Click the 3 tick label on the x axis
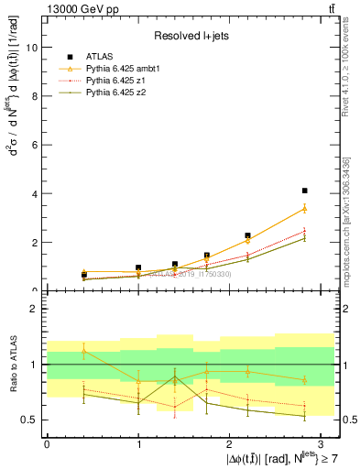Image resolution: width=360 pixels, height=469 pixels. tap(322, 443)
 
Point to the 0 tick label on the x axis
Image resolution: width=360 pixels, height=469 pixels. tap(47, 443)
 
